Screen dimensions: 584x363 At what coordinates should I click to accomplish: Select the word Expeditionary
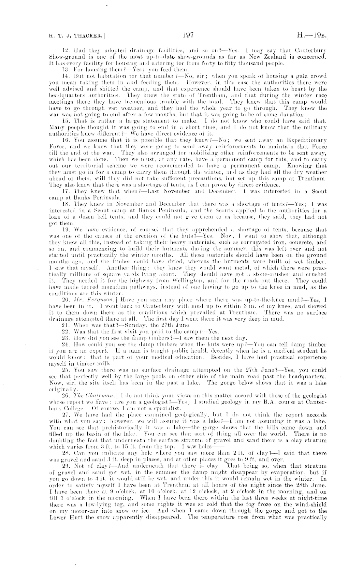309,140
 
